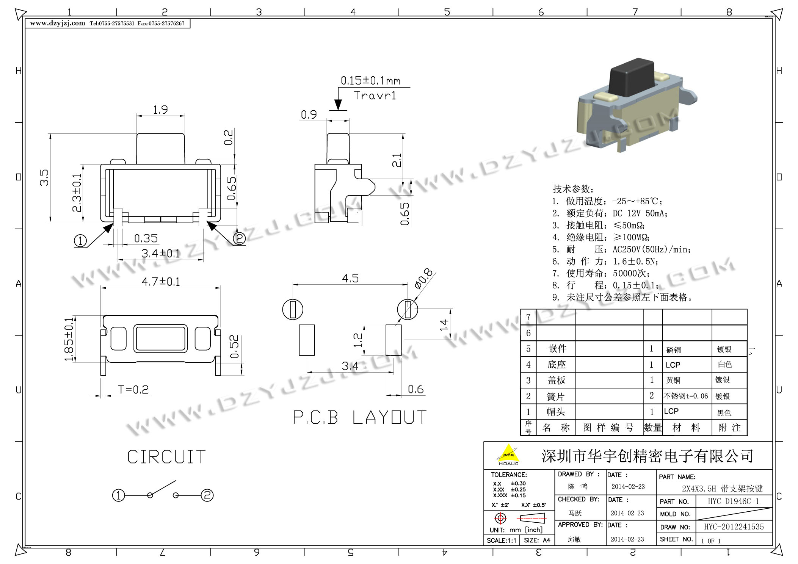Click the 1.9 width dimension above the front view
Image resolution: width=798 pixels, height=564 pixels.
click(160, 110)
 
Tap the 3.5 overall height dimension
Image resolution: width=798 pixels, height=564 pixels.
click(44, 177)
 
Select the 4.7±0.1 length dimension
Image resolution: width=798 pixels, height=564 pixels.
click(161, 282)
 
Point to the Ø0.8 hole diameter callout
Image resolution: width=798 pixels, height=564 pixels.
click(423, 279)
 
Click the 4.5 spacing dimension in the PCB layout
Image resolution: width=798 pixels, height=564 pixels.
click(350, 279)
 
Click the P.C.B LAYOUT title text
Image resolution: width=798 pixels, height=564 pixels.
click(360, 417)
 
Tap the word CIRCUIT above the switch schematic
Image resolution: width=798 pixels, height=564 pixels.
click(166, 457)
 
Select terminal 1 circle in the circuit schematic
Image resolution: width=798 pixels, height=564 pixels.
click(119, 495)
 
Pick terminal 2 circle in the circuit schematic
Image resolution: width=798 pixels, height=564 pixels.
click(207, 495)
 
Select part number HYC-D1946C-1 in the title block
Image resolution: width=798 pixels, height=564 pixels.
click(733, 501)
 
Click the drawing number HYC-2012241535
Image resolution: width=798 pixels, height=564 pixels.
click(734, 526)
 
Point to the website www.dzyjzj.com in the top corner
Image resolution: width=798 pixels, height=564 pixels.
click(58, 23)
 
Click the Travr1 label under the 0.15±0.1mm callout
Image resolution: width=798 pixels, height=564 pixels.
click(375, 96)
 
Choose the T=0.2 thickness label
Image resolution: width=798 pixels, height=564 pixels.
click(133, 390)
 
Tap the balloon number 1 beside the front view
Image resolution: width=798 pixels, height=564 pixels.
click(80, 241)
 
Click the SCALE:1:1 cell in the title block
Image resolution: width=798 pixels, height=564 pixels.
click(501, 540)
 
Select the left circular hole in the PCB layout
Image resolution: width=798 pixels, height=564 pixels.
click(293, 309)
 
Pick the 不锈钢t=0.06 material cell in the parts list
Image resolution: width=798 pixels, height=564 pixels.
click(686, 396)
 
